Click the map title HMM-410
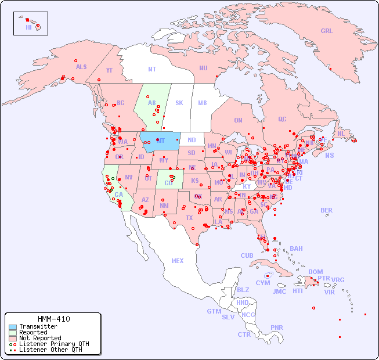pos(54,319)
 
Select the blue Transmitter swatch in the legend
pos(12,327)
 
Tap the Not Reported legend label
pos(39,338)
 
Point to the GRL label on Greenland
pos(327,31)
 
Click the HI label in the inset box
pos(28,27)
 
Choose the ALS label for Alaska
pos(81,67)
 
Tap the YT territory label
pos(109,70)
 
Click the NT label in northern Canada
pos(152,69)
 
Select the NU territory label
pos(203,68)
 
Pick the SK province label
pos(179,103)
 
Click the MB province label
pos(203,103)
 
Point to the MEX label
pos(178,261)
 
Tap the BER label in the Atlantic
pos(327,210)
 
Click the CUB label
pos(247,255)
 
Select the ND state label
pos(192,140)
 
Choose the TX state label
pos(189,218)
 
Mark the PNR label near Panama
pos(277,327)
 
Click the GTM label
pos(214,311)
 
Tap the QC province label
pos(282,119)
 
